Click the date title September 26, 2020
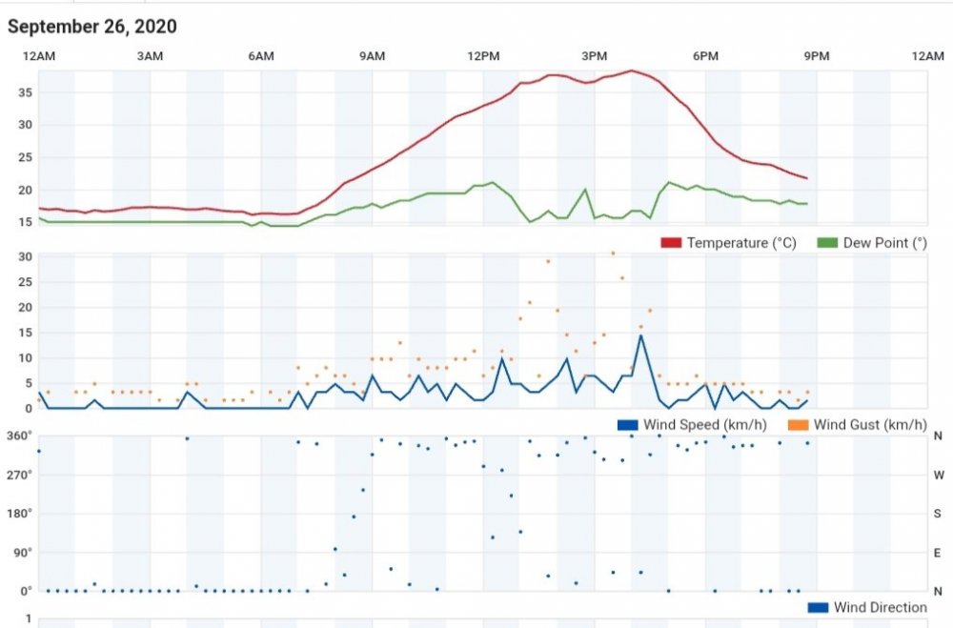(92, 27)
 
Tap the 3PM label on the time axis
(595, 57)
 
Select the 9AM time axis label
(372, 57)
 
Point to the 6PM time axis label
(705, 57)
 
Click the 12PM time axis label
(483, 57)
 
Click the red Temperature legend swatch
(672, 243)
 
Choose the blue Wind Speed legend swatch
(628, 424)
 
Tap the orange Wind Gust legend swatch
(798, 424)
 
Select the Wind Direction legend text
(880, 607)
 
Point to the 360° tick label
(19, 436)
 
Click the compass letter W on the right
(938, 475)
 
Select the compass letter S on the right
(938, 514)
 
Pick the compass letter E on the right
(938, 553)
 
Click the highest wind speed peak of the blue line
(640, 334)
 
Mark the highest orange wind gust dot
(613, 253)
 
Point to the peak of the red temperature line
(631, 71)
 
